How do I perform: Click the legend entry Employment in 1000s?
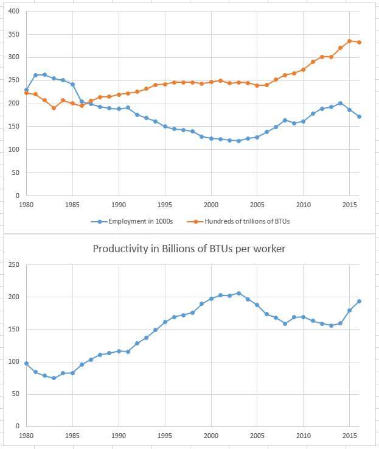coord(140,221)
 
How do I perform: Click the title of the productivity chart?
coord(189,249)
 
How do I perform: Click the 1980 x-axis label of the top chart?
coord(26,205)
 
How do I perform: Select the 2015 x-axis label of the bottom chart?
coord(349,436)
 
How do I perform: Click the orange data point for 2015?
coord(349,41)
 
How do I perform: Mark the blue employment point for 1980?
coord(26,90)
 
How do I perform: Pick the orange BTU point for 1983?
coord(54,108)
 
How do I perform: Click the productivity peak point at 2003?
coord(238,293)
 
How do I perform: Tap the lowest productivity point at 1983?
coord(54,378)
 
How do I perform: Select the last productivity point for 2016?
coord(359,301)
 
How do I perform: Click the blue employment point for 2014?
coord(340,103)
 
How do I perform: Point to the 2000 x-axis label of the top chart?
coord(211,205)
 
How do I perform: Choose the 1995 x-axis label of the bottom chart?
coord(165,436)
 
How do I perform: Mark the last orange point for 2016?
coord(359,42)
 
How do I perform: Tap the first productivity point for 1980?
coord(26,363)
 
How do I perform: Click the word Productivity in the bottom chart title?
coord(116,249)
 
